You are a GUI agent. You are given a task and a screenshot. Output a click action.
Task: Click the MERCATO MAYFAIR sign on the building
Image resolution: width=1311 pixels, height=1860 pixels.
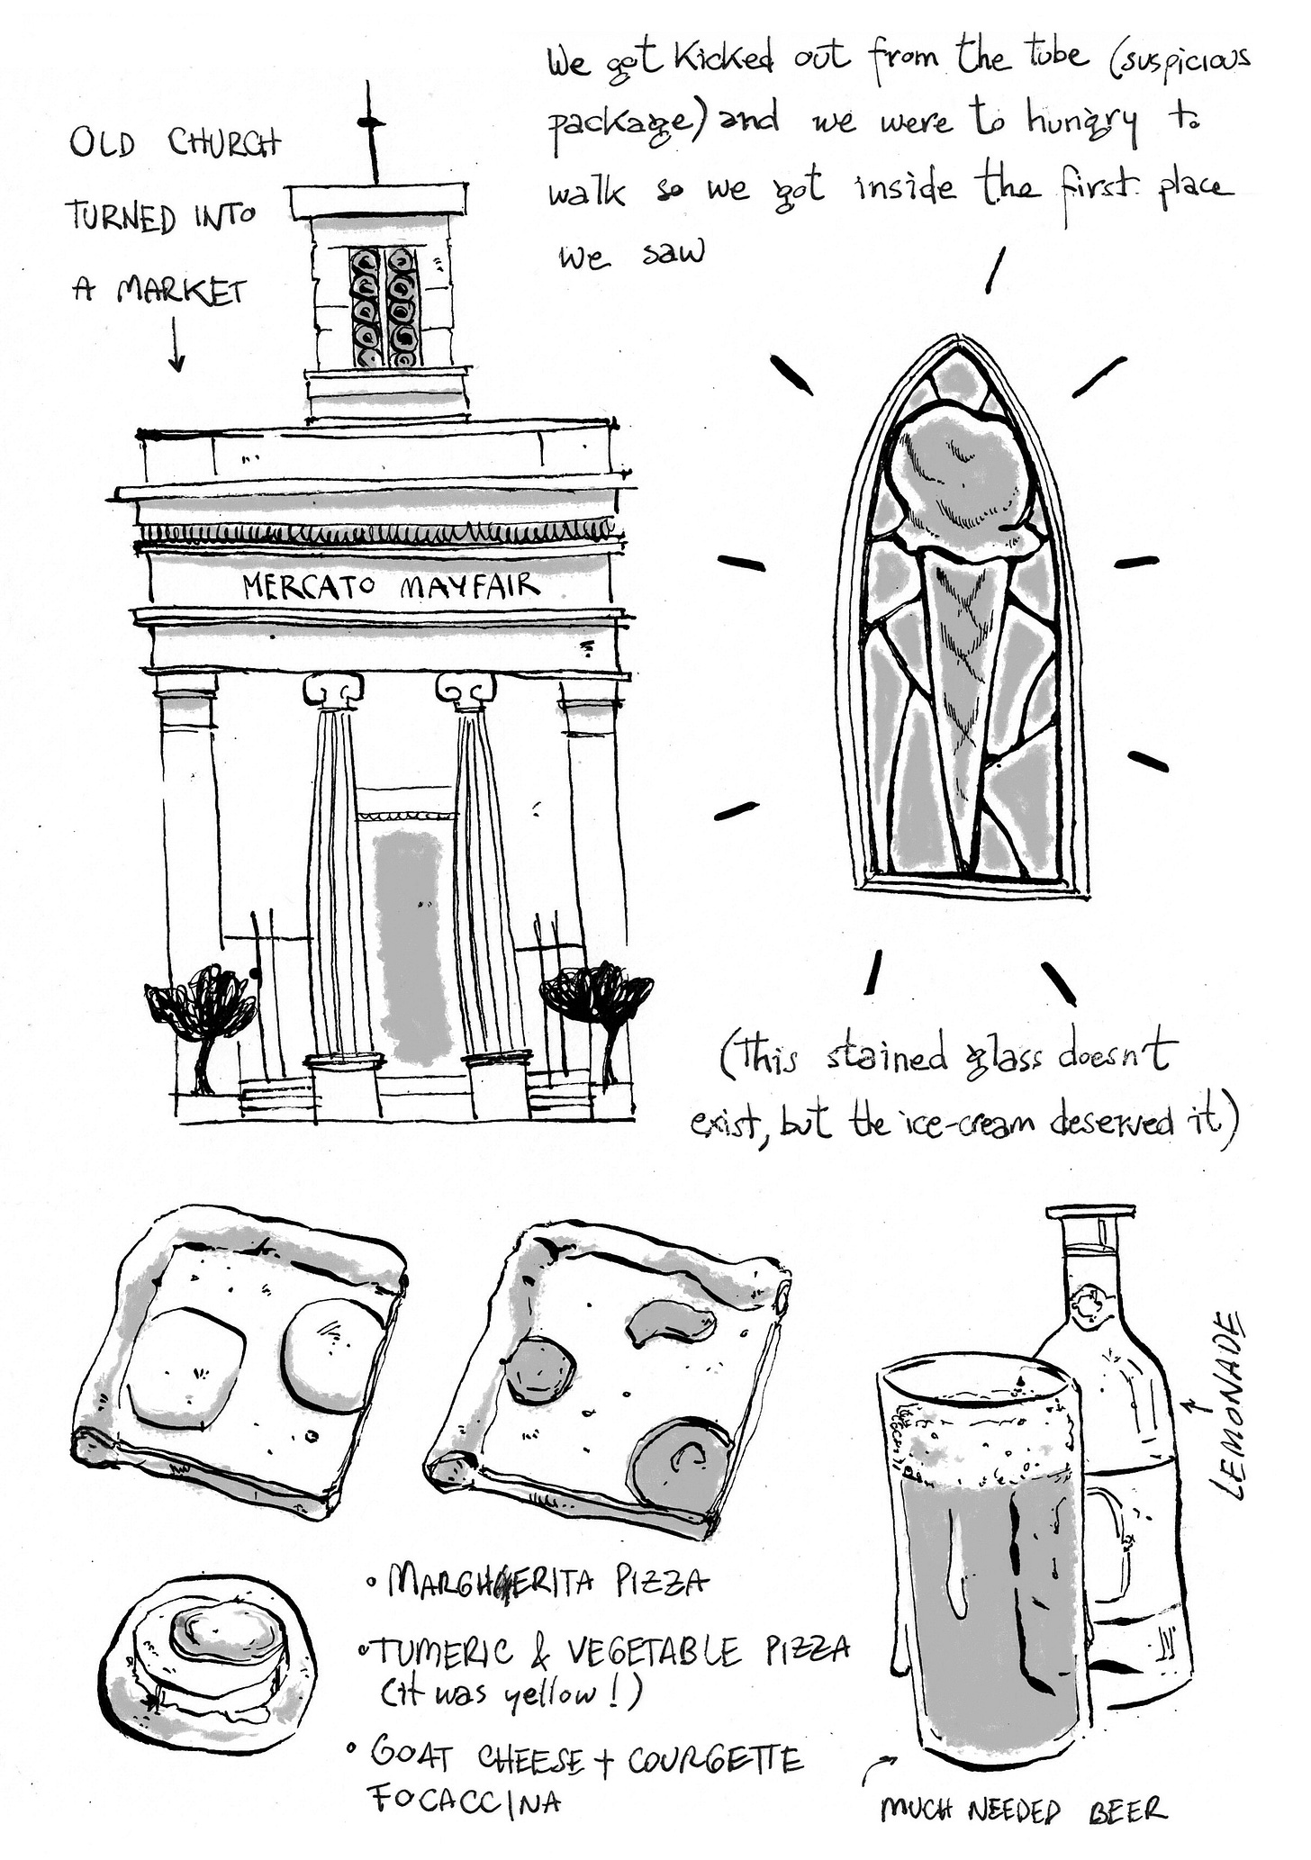[x=392, y=587]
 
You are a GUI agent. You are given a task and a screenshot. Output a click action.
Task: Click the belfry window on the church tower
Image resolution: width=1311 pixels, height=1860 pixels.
[x=385, y=307]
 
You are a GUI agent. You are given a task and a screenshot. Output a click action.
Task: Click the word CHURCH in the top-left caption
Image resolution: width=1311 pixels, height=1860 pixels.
[x=224, y=144]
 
